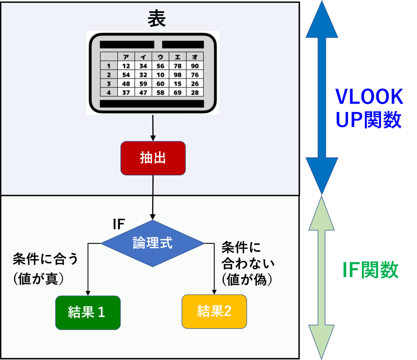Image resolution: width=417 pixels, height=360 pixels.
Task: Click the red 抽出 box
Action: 153,158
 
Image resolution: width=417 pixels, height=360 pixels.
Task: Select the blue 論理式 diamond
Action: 153,243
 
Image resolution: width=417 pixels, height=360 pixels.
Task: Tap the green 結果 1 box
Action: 88,313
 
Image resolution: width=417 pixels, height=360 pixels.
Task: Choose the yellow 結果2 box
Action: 214,312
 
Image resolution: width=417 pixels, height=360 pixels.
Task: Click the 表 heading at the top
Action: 157,19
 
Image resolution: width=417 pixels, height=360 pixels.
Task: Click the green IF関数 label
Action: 370,270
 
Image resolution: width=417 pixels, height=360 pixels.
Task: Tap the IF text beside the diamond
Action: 119,224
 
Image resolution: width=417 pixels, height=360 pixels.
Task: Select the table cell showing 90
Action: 195,66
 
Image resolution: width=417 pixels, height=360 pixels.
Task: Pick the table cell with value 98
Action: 178,75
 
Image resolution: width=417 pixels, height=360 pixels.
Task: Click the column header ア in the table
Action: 126,57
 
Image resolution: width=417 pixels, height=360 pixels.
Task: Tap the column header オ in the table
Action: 195,57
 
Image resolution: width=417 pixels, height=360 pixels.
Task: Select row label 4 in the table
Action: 109,92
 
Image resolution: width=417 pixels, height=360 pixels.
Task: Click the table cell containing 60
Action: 160,84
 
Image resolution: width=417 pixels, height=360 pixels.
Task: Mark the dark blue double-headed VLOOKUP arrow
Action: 322,97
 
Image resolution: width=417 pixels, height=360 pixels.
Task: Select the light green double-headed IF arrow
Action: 321,277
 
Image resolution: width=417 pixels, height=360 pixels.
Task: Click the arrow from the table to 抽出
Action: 153,128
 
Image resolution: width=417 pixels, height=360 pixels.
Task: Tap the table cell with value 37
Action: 126,92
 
